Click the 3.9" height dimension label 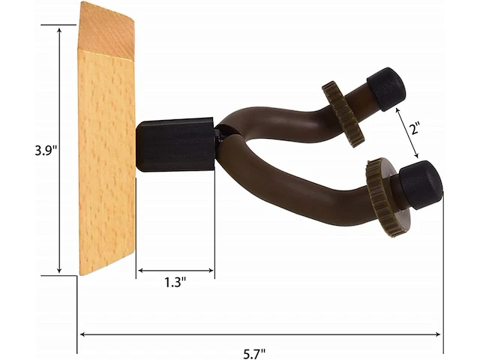pos(46,149)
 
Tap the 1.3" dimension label pos(175,283)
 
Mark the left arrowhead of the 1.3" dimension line pos(139,271)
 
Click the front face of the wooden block pos(106,161)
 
